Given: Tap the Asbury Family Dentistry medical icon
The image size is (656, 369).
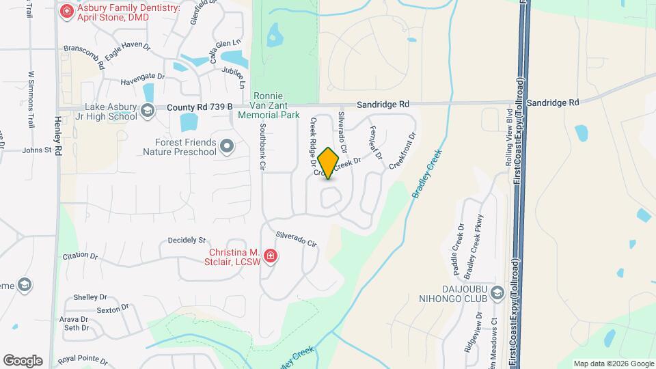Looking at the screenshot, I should [66, 11].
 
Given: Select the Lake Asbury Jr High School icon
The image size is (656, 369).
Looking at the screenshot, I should [146, 111].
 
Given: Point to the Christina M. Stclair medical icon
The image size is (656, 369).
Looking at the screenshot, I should [271, 256].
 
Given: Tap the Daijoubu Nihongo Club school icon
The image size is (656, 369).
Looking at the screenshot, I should [497, 293].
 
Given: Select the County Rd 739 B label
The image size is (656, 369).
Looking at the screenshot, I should [200, 107].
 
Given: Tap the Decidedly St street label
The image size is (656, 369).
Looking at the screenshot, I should [187, 241].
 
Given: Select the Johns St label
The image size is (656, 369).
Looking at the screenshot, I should [37, 150].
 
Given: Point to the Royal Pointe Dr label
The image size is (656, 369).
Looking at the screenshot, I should [83, 359].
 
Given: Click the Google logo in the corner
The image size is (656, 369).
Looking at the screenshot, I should [23, 360].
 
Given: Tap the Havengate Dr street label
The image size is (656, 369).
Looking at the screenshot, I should [143, 77].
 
